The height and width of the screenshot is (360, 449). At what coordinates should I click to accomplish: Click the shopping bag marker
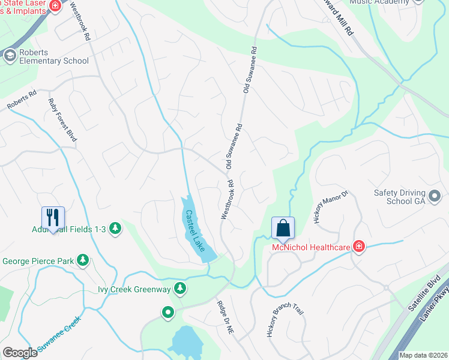[x=283, y=228]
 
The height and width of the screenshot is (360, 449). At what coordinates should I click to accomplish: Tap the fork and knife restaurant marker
[x=53, y=217]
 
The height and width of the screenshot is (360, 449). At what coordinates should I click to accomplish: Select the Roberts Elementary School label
[x=53, y=56]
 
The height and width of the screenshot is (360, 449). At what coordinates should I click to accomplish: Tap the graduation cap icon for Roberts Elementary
[x=10, y=56]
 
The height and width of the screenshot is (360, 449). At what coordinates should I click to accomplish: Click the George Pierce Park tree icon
[x=82, y=261]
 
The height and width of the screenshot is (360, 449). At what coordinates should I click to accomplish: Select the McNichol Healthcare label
[x=311, y=247]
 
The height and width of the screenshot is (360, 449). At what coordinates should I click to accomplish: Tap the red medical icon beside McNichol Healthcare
[x=359, y=247]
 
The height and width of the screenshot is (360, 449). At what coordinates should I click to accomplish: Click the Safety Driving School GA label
[x=399, y=197]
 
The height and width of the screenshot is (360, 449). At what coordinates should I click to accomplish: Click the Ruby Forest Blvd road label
[x=62, y=121]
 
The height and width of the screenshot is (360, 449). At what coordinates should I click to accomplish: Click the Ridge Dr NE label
[x=226, y=313]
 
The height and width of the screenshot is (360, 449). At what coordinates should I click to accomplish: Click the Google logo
[x=20, y=353]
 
